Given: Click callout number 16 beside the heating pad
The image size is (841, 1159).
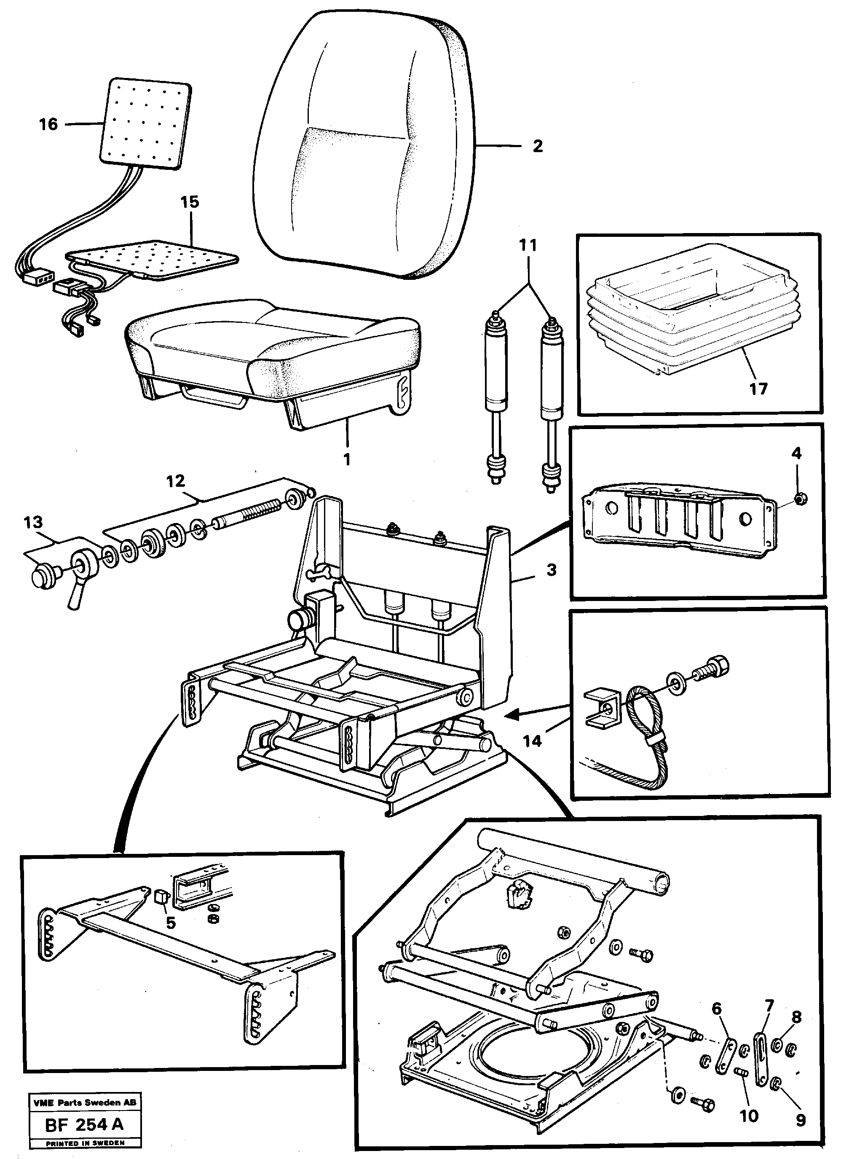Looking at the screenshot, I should [x=48, y=124].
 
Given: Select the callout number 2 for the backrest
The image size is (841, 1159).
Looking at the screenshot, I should [x=537, y=146].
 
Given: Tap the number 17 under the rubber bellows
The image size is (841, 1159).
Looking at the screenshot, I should [x=758, y=389].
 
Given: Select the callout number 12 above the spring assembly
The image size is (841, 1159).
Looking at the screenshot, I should [x=176, y=481].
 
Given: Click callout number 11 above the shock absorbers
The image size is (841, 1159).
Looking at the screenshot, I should [x=528, y=246].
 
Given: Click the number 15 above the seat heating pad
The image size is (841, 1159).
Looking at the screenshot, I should [x=190, y=202].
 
